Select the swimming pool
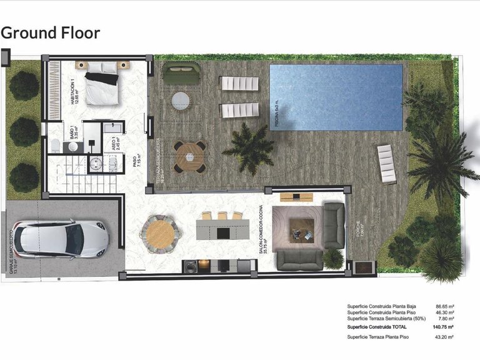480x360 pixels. tap(336, 97)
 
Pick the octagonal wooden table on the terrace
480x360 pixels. tap(189, 156)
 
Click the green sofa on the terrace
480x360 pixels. tap(181, 73)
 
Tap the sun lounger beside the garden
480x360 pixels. tap(387, 164)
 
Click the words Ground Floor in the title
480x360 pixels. tap(51, 32)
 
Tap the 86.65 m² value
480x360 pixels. tap(444, 307)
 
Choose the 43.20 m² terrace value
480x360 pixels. tap(444, 337)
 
